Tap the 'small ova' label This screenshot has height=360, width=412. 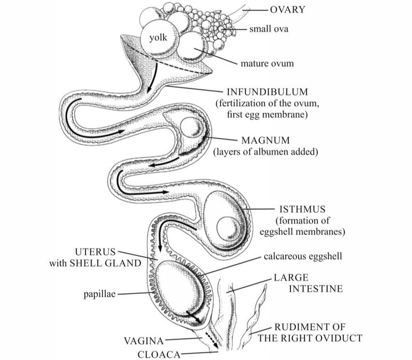pyautogui.click(x=269, y=29)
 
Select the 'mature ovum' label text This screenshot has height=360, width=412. pyautogui.click(x=267, y=63)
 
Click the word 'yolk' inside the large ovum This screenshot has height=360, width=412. pyautogui.click(x=158, y=38)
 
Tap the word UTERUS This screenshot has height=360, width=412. pyautogui.click(x=95, y=252)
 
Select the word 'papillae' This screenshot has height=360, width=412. pyautogui.click(x=99, y=294)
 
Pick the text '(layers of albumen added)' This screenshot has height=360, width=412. pyautogui.click(x=266, y=152)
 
